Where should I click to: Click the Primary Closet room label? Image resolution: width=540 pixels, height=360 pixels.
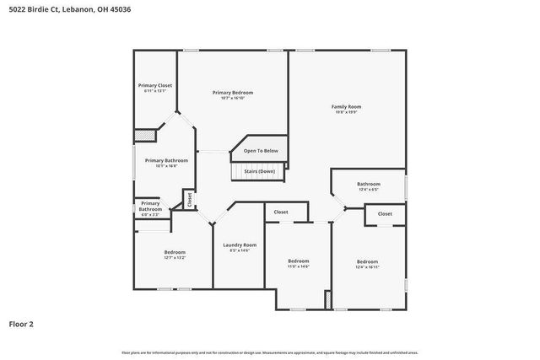tap(154, 85)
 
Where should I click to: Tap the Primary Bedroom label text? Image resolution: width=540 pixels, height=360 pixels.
tap(232, 92)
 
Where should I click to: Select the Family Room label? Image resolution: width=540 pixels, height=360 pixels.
tap(346, 106)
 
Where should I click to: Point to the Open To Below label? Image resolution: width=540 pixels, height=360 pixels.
tap(261, 151)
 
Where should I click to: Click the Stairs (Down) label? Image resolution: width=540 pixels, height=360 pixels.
tap(260, 171)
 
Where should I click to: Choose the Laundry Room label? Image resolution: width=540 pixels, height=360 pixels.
tap(240, 244)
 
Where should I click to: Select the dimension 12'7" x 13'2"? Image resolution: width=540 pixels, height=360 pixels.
tap(175, 258)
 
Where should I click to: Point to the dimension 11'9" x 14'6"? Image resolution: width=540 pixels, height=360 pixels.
tap(299, 266)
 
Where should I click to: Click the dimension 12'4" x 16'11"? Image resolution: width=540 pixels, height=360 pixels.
tap(368, 266)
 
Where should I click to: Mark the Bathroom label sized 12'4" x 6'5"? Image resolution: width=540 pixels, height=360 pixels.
tap(368, 184)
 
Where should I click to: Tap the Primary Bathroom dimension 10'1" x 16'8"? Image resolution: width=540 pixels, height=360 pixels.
tap(166, 166)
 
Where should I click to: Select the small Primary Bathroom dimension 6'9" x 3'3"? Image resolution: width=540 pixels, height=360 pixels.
tap(150, 215)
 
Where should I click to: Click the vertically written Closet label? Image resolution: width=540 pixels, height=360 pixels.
tap(190, 200)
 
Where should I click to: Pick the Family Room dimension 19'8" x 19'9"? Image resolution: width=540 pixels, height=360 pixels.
tap(346, 112)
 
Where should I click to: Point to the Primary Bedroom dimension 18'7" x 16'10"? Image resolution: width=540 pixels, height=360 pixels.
tap(232, 98)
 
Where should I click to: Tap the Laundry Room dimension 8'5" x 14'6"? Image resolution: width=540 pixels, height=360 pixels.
tap(240, 250)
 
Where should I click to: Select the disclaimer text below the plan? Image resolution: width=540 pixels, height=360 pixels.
tap(269, 352)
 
